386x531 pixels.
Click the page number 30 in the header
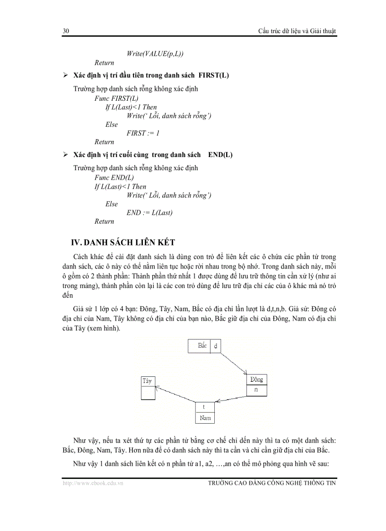click(x=66, y=31)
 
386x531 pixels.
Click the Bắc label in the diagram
click(x=202, y=346)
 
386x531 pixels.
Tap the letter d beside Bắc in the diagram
click(x=216, y=346)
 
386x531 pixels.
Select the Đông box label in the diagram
click(x=256, y=380)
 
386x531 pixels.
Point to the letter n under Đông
click(x=256, y=390)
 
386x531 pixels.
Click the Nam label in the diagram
click(x=205, y=418)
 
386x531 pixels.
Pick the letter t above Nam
click(x=204, y=407)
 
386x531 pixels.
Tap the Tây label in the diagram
click(x=148, y=380)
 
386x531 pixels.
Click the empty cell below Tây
click(x=148, y=392)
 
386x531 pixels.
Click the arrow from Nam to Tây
click(x=176, y=395)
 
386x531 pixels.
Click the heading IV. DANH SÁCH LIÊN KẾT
click(x=123, y=243)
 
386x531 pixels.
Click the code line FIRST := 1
click(x=143, y=133)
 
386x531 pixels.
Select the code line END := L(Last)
click(x=149, y=213)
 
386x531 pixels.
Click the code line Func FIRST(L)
click(x=116, y=98)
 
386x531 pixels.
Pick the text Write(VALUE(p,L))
click(x=155, y=53)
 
